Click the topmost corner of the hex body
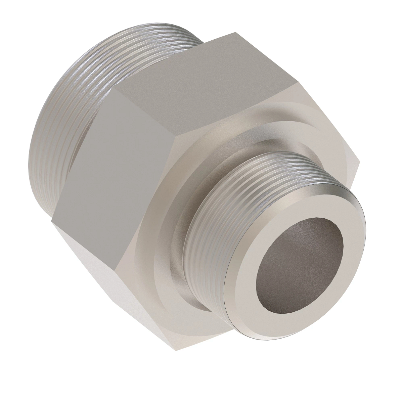pos(235,33)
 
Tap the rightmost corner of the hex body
pos(359,163)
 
